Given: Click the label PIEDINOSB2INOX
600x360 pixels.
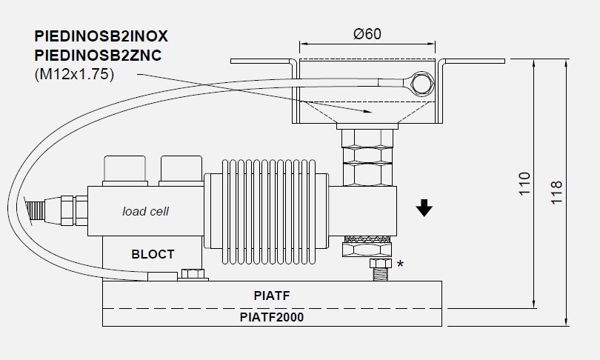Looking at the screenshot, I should point(101,36).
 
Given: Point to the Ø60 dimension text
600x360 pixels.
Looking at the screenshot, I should point(367,35).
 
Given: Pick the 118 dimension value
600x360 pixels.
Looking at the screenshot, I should point(557,193).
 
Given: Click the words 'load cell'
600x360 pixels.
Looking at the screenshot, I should point(145,211).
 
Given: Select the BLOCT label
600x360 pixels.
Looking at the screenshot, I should point(153,254).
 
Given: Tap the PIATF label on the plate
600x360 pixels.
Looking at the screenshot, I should point(271,296).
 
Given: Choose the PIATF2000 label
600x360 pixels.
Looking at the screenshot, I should point(271,317).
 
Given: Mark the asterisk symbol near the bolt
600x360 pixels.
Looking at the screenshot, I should point(401,264).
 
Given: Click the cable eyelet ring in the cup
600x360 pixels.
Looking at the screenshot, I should point(421,83).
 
